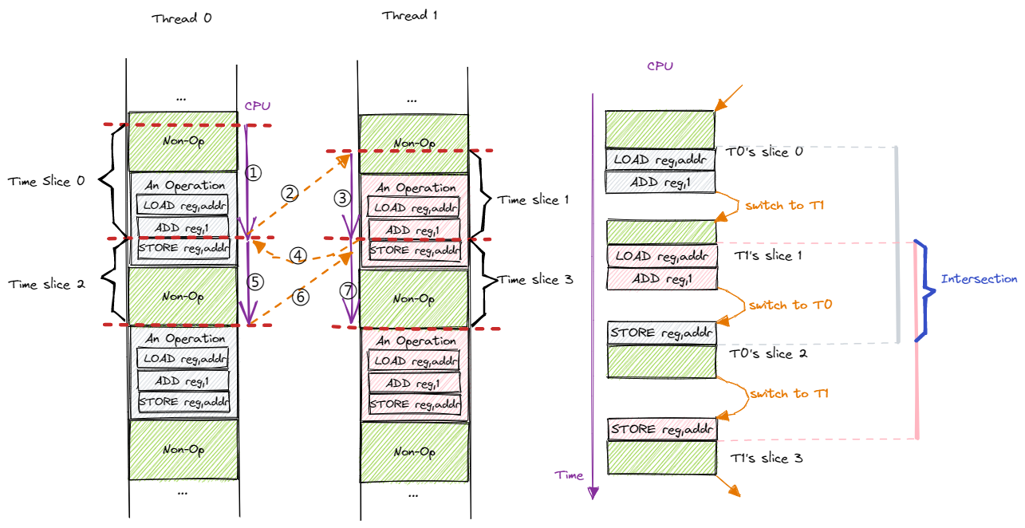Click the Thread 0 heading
coord(181,18)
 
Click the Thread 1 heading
coord(409,15)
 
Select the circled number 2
coord(289,193)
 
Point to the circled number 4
coord(298,256)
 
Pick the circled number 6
coord(301,297)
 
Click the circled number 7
coord(347,291)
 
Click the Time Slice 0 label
coord(46,181)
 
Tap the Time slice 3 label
coord(535,279)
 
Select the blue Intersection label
coord(979,279)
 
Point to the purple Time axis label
coord(570,475)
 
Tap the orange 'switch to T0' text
coord(778,305)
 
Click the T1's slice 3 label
coord(767,459)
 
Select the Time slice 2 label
coord(46,284)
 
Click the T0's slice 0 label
coord(763,152)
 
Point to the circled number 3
coord(342,197)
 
